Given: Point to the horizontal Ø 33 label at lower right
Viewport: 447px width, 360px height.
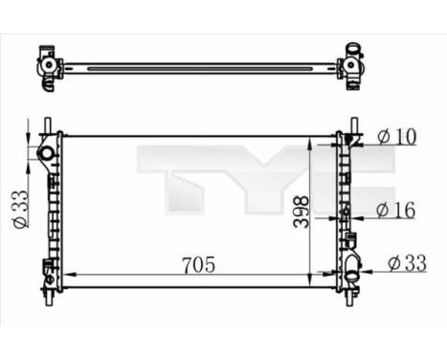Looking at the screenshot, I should (x=408, y=260).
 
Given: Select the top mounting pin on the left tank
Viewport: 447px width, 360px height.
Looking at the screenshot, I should (x=47, y=126).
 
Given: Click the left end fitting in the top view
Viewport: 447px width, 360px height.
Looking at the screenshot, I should (x=47, y=65).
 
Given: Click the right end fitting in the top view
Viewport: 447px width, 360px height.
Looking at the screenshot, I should (x=353, y=65).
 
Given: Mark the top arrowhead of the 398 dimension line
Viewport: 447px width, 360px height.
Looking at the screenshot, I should (x=308, y=141).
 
